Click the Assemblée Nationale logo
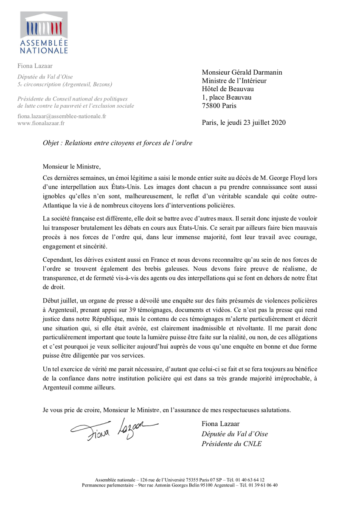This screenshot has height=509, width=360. click(44, 33)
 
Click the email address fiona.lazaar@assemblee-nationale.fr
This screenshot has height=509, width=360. click(62, 116)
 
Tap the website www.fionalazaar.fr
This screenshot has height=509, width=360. click(41, 123)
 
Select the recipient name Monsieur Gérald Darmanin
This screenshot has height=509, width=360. click(242, 72)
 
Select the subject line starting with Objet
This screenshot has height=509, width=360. click(118, 143)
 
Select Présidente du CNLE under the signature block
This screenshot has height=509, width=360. click(231, 444)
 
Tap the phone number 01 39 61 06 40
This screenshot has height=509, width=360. click(262, 485)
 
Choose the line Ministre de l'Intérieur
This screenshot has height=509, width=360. click(234, 81)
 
